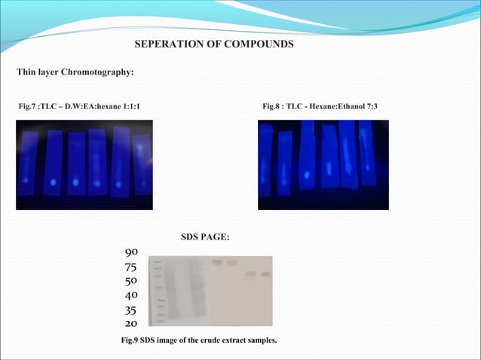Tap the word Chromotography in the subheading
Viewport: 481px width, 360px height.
click(93, 72)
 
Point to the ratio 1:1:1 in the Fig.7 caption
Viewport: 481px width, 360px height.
click(129, 107)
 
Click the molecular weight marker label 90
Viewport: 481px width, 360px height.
click(130, 252)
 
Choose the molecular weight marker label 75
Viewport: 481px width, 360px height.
click(130, 267)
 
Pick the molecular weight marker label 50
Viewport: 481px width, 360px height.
click(130, 280)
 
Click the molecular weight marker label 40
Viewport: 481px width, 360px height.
click(130, 295)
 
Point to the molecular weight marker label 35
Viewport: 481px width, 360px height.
click(130, 310)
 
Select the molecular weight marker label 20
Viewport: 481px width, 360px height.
click(130, 323)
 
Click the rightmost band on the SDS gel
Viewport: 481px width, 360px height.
click(265, 274)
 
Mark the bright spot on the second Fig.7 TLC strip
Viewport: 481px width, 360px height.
click(52, 182)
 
